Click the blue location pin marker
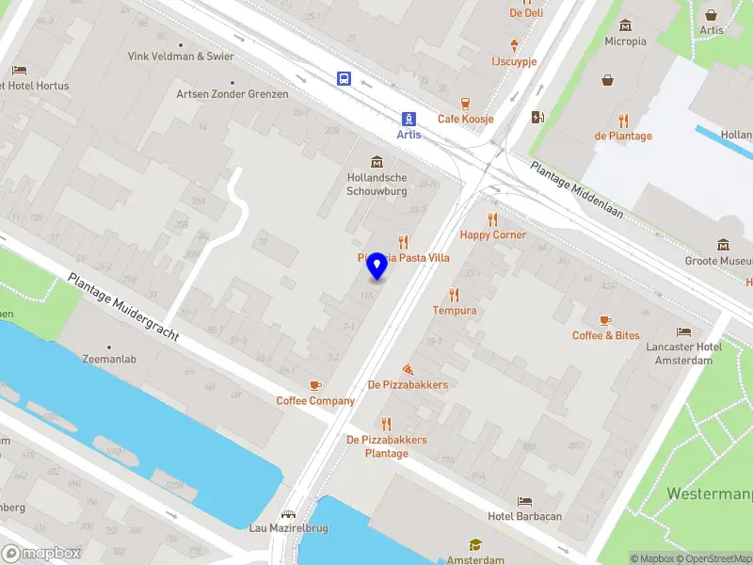coord(377,265)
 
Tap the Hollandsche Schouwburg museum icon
coord(377,161)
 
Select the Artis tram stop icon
coord(409,119)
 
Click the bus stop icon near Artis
coord(345,79)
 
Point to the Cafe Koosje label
coord(465,119)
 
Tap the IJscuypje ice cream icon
coord(514,44)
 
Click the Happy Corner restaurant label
coord(492,234)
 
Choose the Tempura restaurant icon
coord(455,295)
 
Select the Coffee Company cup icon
coord(315,385)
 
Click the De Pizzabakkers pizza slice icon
coord(408,368)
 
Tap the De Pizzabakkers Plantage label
coord(386,446)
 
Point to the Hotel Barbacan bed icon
coord(524,500)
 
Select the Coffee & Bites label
coord(605,335)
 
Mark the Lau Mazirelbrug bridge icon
coord(288,514)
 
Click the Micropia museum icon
coord(625,24)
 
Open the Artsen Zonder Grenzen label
coord(232,94)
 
